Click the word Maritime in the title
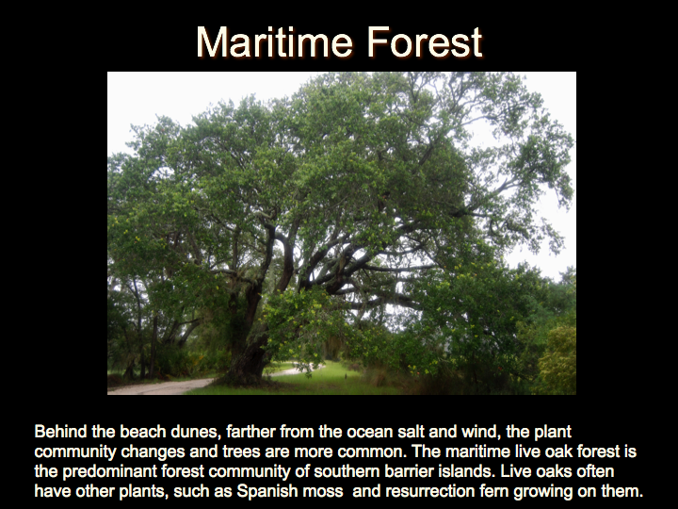274,41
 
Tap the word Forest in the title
425,41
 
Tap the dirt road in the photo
161,386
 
